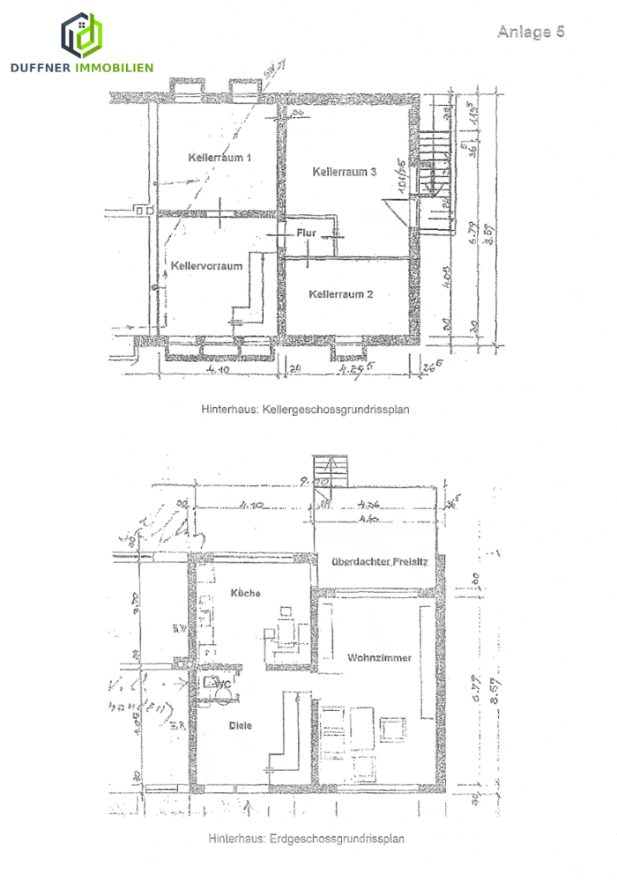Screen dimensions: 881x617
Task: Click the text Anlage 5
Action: [530, 32]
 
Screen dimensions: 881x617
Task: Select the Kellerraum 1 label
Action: [220, 158]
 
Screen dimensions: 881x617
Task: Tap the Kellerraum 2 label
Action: [341, 294]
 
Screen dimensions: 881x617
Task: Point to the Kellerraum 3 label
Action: [345, 172]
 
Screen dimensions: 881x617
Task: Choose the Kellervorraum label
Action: [207, 265]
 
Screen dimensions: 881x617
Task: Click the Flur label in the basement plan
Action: [306, 233]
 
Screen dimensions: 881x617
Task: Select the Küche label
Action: [245, 593]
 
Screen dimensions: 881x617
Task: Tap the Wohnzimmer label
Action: [380, 657]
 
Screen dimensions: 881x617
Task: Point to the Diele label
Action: [241, 725]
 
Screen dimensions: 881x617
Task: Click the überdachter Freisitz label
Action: [379, 561]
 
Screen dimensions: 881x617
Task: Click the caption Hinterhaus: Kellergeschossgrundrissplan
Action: [306, 410]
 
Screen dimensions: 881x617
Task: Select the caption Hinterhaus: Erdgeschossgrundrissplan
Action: [306, 840]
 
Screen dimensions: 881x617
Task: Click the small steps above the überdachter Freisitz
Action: [331, 470]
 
